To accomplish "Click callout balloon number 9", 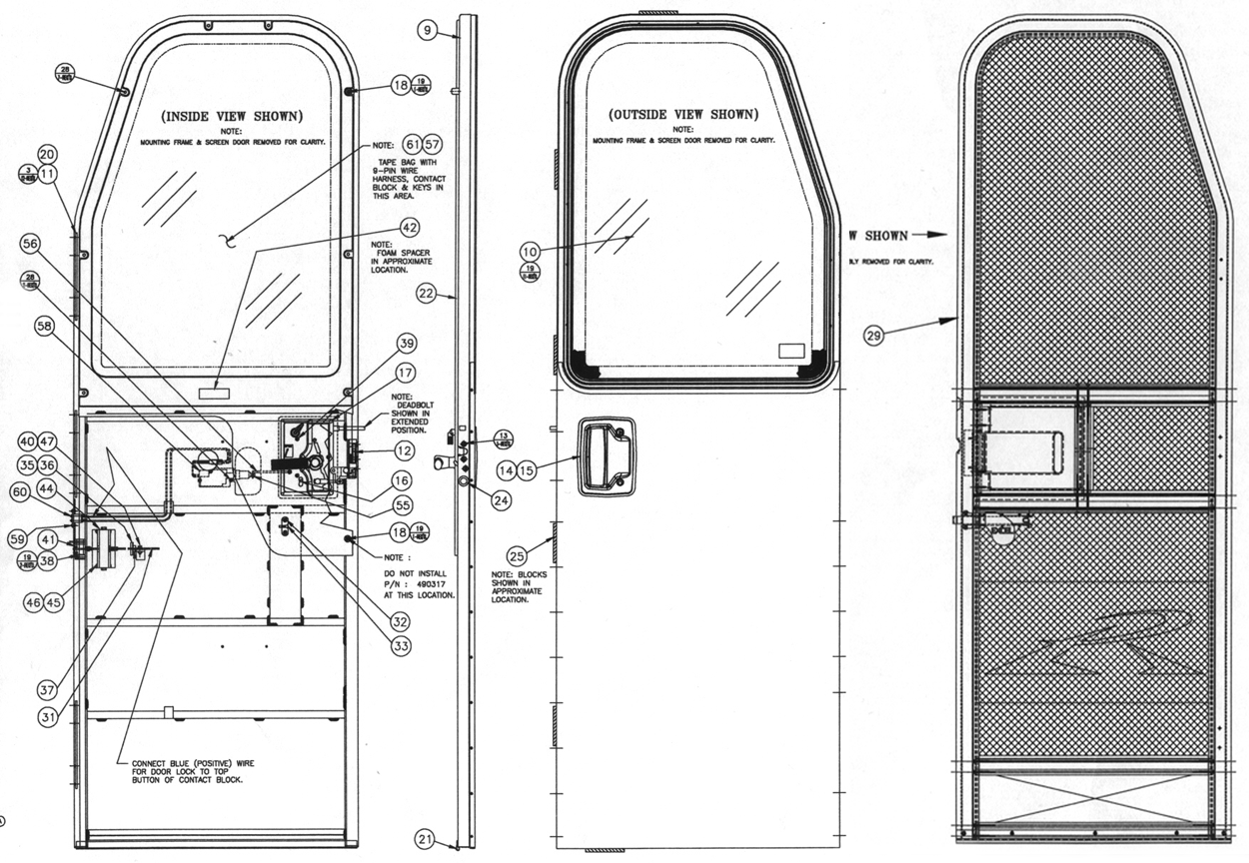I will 427,30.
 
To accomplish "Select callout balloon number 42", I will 409,228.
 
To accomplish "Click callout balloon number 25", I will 517,555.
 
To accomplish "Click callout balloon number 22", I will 427,294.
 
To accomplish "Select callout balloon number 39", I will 406,345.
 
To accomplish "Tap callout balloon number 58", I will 46,326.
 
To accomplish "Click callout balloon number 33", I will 401,647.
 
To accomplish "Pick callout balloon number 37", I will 47,690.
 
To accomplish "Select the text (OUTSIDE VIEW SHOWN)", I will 683,114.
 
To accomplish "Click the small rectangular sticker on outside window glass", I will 790,351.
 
